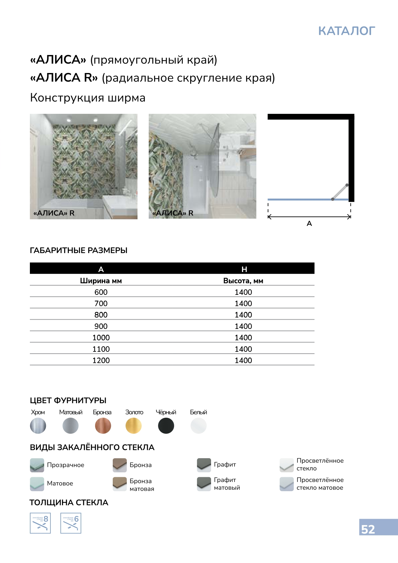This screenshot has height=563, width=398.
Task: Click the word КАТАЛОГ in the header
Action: [x=347, y=31]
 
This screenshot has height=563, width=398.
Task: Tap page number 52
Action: [x=368, y=529]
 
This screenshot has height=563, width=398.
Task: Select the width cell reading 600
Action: [x=101, y=292]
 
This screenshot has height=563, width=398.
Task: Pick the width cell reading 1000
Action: [x=101, y=338]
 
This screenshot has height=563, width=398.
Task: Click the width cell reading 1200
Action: [x=101, y=360]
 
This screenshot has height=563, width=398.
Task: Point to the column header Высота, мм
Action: [x=243, y=281]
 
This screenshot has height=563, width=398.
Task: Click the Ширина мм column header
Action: [x=101, y=281]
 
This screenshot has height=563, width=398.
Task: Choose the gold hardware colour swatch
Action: [x=134, y=426]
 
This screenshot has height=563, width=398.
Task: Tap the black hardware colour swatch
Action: [x=166, y=426]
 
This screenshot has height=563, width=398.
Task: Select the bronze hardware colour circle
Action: [x=103, y=426]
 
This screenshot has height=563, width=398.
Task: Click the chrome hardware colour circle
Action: [x=38, y=426]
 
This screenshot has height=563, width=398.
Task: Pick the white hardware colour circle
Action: [x=199, y=426]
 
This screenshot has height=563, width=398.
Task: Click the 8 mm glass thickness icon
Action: [x=40, y=523]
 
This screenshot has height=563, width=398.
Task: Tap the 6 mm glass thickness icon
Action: [x=71, y=523]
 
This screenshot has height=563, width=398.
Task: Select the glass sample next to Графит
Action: [x=204, y=465]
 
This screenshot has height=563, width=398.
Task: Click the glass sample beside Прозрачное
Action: [x=37, y=465]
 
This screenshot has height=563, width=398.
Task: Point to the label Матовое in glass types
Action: [x=60, y=483]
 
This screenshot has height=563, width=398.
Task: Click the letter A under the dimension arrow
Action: [x=309, y=223]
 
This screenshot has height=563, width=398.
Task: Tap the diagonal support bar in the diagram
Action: [x=340, y=192]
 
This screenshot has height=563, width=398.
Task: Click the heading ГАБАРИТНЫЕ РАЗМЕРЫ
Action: [x=79, y=250]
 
